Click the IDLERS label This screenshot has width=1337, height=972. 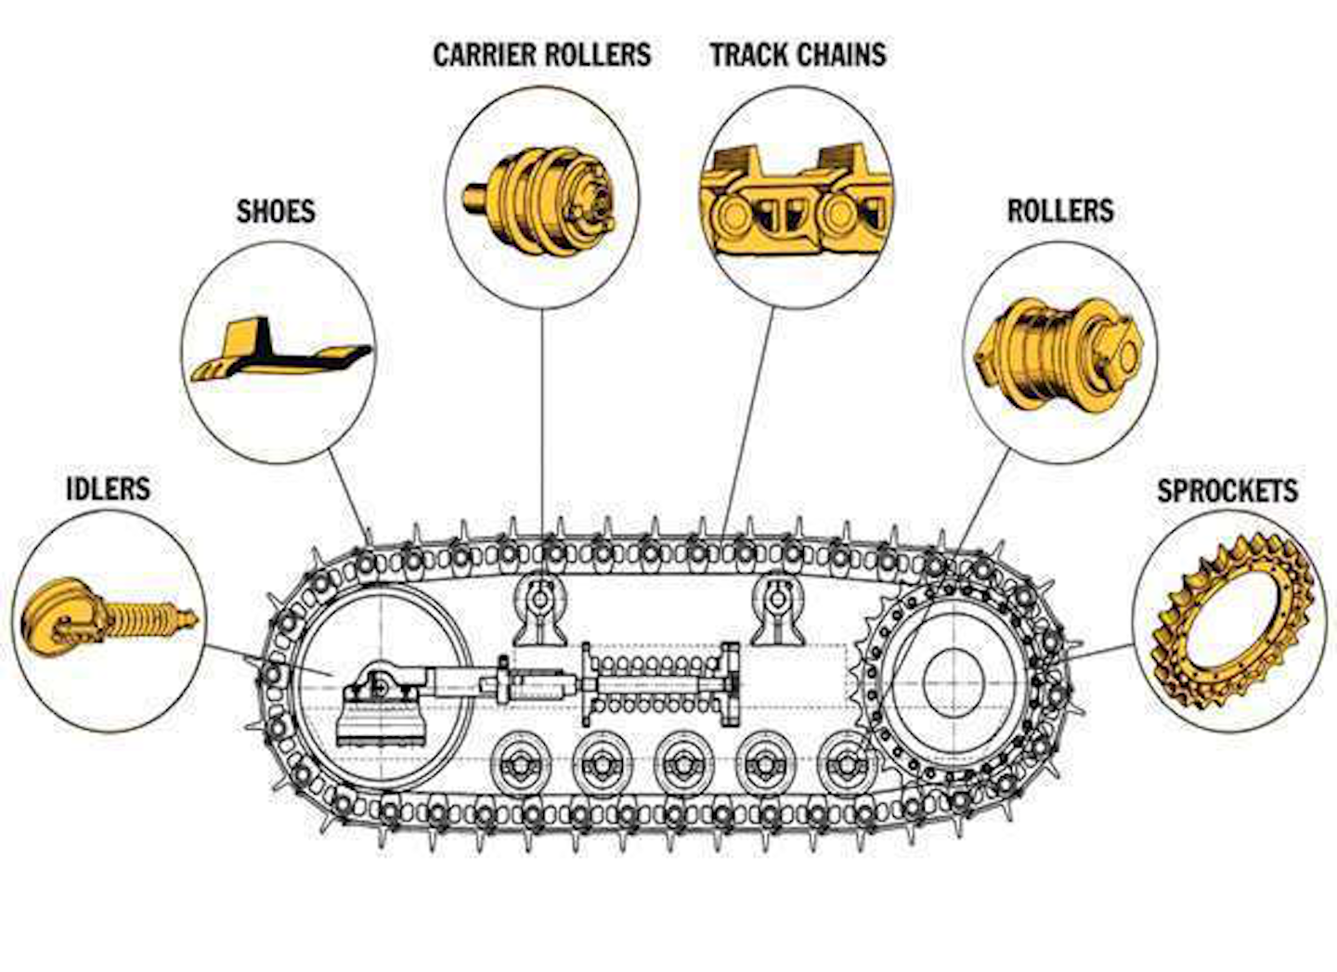point(108,488)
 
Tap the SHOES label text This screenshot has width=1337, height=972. point(276,211)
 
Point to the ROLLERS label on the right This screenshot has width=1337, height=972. point(1060,211)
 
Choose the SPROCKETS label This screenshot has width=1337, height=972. point(1227,490)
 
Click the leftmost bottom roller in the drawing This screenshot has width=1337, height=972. point(517,762)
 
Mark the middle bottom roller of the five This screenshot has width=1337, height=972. point(681,762)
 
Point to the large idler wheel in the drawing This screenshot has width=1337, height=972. point(381,677)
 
